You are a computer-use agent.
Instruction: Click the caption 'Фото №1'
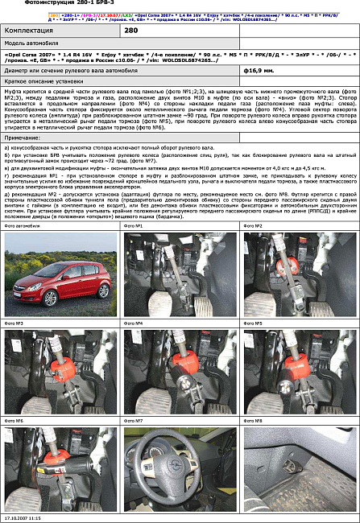pos(134,227)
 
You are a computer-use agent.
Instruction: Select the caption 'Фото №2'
pos(254,227)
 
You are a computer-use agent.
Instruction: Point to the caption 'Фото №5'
pos(254,323)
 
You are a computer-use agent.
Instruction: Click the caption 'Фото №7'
pos(134,421)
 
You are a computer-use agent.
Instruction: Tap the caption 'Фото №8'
pos(254,421)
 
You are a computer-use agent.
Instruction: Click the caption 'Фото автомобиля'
pos(21,227)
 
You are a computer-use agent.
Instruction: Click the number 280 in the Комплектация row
pos(130,29)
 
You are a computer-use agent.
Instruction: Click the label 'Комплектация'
pos(29,29)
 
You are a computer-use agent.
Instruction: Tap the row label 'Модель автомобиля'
pos(31,42)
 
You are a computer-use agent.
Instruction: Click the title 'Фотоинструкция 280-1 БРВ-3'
pos(57,4)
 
